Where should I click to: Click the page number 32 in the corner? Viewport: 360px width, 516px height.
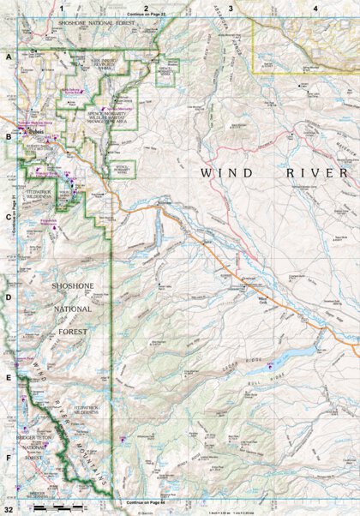click(7, 510)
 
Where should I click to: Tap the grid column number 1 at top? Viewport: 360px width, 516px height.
click(62, 8)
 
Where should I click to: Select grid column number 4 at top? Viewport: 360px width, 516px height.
click(315, 8)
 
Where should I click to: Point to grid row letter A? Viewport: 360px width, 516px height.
click(8, 56)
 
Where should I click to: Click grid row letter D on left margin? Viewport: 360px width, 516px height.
click(8, 297)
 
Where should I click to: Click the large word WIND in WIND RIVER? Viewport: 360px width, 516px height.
click(227, 172)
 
